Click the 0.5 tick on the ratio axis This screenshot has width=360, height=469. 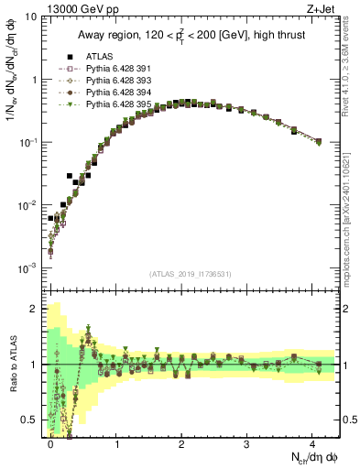[x=32, y=420]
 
